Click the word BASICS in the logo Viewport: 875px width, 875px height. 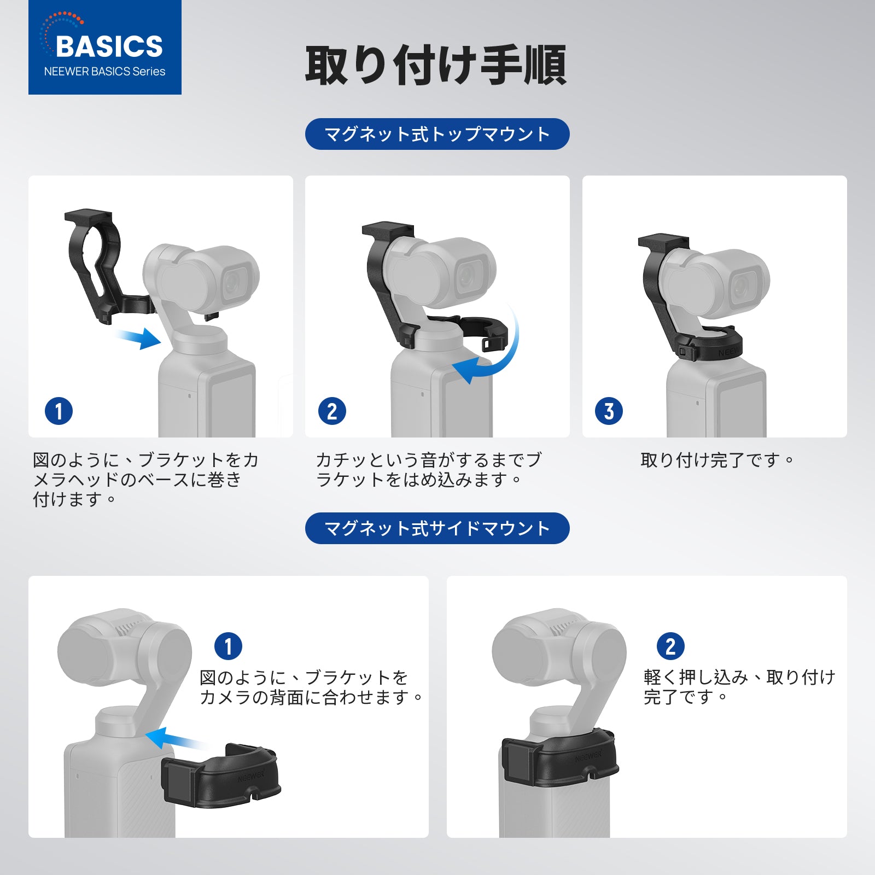point(109,46)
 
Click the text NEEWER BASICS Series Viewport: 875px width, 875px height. point(104,72)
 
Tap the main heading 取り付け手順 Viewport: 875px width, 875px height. point(436,66)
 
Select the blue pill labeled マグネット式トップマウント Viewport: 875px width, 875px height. point(437,134)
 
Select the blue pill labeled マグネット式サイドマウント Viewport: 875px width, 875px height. point(437,528)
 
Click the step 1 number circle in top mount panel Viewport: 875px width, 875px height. point(59,411)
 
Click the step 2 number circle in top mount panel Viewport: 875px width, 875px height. point(332,411)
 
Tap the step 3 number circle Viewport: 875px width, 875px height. point(609,411)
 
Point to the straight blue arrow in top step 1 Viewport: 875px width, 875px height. point(140,337)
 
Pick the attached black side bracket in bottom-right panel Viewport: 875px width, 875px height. point(561,757)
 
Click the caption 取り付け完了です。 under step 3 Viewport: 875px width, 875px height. point(716,460)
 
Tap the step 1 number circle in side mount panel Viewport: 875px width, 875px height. point(228,646)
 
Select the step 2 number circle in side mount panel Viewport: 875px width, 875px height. point(670,646)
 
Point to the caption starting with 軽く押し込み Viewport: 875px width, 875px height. point(739,687)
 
